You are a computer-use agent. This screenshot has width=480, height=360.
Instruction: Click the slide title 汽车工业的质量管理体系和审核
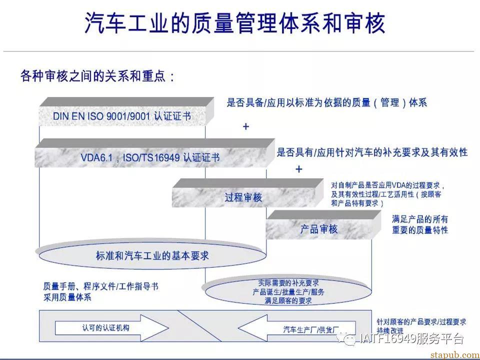235,23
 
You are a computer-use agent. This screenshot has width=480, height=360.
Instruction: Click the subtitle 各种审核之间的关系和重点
97,75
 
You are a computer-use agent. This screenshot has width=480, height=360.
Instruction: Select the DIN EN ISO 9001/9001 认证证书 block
126,111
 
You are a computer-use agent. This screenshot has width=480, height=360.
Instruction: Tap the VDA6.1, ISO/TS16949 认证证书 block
154,153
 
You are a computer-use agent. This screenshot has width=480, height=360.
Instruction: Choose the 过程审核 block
247,193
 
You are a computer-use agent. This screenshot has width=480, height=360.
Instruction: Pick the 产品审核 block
323,225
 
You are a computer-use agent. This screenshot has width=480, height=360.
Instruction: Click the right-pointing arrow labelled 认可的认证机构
111,328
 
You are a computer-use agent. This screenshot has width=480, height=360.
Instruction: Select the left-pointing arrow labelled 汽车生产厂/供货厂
296,329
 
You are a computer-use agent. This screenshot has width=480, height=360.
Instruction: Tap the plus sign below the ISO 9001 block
246,126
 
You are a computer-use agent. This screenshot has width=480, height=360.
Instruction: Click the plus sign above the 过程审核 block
299,169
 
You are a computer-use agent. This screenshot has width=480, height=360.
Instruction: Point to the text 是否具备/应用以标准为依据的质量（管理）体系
326,102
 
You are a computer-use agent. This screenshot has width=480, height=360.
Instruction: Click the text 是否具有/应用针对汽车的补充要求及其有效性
372,152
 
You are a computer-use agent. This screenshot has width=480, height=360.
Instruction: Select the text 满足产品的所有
420,219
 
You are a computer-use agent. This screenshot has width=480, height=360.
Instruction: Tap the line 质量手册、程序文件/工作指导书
100,286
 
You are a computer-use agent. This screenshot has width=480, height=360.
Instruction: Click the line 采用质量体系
67,297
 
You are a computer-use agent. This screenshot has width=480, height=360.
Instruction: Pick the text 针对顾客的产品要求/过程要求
421,321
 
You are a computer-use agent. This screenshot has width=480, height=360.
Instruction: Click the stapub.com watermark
455,355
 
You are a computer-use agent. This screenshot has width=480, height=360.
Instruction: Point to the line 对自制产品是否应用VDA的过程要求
387,185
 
